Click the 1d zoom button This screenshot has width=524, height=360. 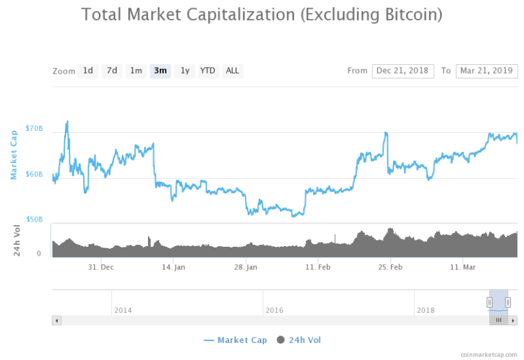point(87,71)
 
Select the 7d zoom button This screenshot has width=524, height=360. point(112,71)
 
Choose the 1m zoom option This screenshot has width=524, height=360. point(136,71)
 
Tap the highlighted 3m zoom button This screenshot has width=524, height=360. point(160,71)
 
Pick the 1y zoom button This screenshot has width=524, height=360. point(184,71)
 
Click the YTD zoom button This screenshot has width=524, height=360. point(207,71)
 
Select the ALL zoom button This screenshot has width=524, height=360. point(233,71)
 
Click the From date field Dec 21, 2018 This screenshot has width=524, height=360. point(403,71)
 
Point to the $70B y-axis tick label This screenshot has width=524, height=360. point(34,128)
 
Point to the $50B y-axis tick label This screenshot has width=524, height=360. point(34,220)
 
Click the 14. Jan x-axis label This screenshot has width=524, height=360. point(174,267)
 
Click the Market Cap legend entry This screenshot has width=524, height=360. point(235,340)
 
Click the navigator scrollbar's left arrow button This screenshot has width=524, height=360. point(57,320)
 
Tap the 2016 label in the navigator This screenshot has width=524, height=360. point(274,310)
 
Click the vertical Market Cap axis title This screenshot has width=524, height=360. point(14,155)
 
